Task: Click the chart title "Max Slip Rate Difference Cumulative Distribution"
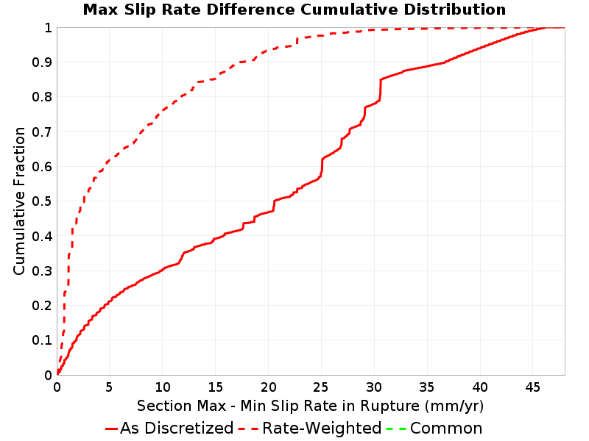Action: tap(294, 10)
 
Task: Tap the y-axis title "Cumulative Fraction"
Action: tap(19, 201)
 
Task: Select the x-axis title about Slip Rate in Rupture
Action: tap(310, 406)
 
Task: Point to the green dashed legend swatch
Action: tap(396, 429)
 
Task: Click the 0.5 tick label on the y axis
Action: tap(42, 201)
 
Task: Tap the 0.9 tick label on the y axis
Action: tap(42, 62)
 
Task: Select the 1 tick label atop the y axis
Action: tap(48, 28)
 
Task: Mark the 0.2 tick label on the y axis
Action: tap(42, 306)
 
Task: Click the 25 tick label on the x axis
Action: tap(321, 387)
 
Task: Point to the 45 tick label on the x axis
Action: tap(532, 387)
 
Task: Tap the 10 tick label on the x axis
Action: tap(162, 387)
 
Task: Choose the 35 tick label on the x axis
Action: tap(427, 387)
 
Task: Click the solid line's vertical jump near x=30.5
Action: tap(380, 90)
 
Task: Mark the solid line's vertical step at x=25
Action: tap(322, 167)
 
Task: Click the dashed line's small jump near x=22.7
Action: tap(297, 41)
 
